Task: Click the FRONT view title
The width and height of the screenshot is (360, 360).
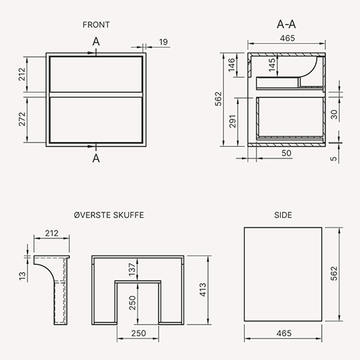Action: [96, 24]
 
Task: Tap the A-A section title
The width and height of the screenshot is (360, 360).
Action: [287, 24]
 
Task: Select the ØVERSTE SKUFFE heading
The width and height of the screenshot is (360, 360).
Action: [109, 215]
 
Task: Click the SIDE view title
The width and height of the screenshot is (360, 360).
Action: [283, 215]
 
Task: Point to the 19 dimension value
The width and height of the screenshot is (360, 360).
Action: [163, 42]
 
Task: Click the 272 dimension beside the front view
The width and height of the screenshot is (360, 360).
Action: [22, 119]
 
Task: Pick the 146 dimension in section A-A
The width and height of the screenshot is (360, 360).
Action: [232, 65]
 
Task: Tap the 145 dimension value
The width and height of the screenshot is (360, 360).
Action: [272, 65]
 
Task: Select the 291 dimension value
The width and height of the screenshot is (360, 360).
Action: [233, 122]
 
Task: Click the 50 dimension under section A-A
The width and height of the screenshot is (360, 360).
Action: [287, 153]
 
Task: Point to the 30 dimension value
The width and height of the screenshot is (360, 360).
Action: [334, 114]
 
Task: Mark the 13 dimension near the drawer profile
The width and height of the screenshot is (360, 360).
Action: [22, 276]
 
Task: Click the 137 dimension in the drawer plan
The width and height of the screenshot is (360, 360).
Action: [132, 269]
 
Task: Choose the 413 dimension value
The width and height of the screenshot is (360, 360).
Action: [203, 289]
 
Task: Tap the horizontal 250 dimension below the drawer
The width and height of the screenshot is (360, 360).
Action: [138, 333]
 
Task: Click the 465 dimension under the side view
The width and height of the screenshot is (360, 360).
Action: [284, 333]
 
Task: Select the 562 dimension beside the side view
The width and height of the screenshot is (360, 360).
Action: [334, 274]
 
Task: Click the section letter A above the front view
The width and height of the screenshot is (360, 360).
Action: [96, 42]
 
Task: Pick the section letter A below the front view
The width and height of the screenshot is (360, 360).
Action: [96, 158]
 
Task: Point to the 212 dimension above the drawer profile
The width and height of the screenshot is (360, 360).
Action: [52, 233]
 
